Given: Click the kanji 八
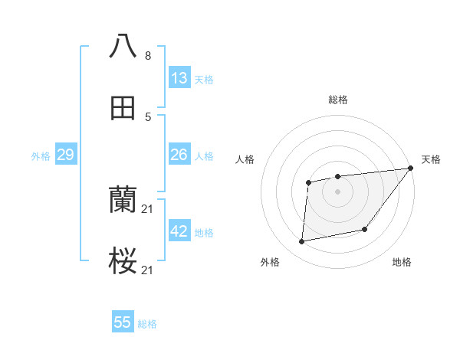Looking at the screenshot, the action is tap(123, 47).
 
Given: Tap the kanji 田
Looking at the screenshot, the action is tap(123, 108).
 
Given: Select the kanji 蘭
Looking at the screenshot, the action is tap(123, 201).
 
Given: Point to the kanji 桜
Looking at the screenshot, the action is tap(123, 262).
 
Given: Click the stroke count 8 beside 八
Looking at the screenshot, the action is tap(148, 56).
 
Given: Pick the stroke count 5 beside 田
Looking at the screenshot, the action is tap(148, 117).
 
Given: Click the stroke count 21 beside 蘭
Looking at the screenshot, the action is tap(149, 209).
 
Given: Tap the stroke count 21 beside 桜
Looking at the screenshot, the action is tap(149, 270).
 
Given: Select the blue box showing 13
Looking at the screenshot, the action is tap(179, 78).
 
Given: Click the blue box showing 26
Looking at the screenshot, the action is tap(179, 155).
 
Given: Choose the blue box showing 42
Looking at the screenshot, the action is tap(179, 231).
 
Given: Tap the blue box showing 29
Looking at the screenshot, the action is tap(65, 155).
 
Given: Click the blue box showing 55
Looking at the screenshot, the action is tap(123, 322).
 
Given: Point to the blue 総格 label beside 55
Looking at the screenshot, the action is tap(147, 324).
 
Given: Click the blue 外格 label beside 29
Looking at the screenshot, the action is tap(41, 156).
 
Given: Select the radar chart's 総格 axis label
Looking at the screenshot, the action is tap(337, 100).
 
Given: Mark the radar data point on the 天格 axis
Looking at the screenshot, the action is tap(410, 169).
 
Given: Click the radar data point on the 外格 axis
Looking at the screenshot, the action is tap(302, 242).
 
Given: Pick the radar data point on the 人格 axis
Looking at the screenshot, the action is tap(308, 182).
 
